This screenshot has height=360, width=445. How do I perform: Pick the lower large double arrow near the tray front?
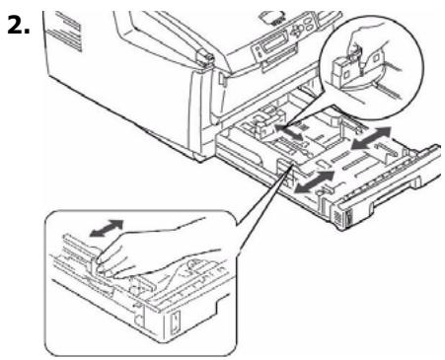(x=314, y=180)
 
